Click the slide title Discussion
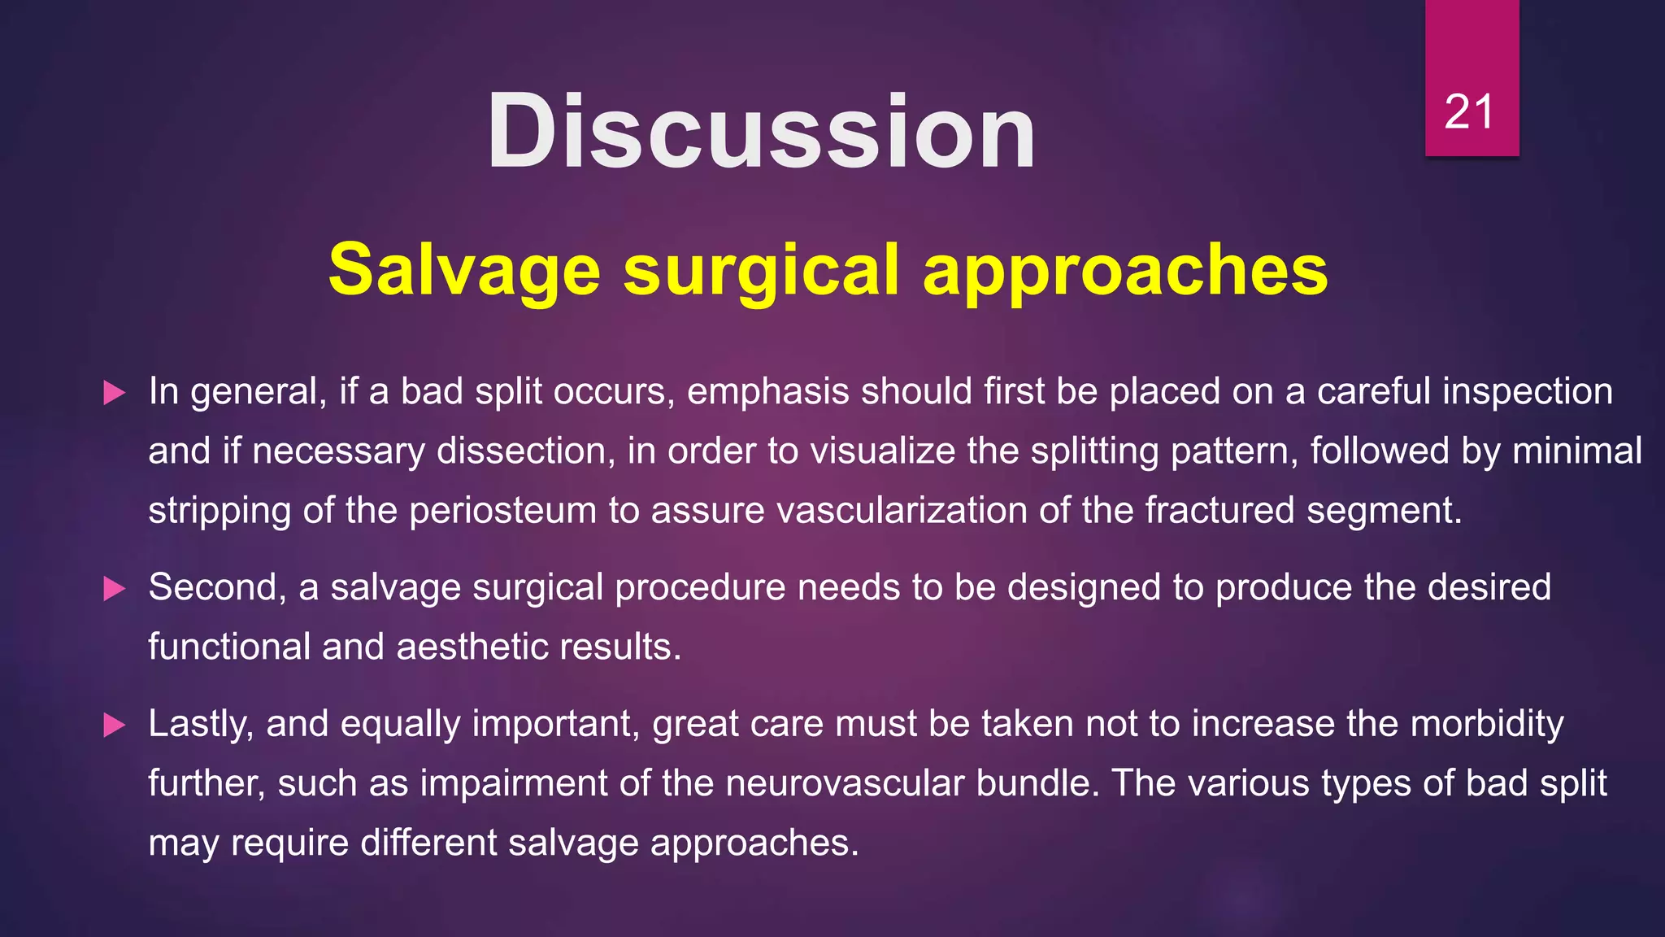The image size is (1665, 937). click(x=761, y=132)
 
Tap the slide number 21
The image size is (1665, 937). click(x=1469, y=112)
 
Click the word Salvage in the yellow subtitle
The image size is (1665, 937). click(x=464, y=271)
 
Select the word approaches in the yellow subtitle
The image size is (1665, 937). click(x=1125, y=271)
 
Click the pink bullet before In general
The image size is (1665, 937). click(x=115, y=394)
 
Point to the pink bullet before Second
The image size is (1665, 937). click(x=115, y=590)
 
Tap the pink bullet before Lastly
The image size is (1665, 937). click(x=115, y=726)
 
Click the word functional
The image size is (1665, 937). click(x=229, y=647)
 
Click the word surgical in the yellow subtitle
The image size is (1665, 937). click(x=761, y=271)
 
